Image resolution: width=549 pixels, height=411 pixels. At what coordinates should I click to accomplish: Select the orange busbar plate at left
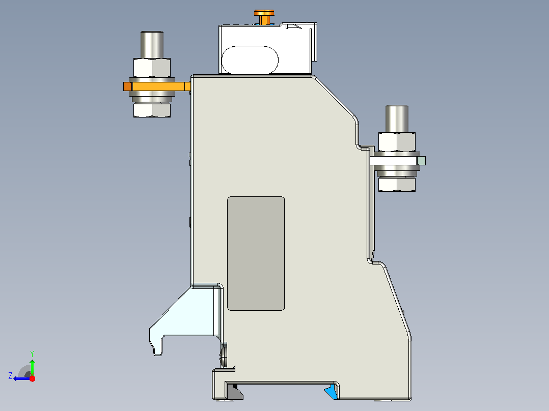[157, 86]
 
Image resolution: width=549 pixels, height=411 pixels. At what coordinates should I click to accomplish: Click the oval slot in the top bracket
[250, 60]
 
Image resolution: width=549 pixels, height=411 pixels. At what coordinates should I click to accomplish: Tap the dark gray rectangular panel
[256, 253]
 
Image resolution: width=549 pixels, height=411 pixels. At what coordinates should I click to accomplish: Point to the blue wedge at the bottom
[332, 392]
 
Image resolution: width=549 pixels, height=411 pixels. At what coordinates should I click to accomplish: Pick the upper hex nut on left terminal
[152, 68]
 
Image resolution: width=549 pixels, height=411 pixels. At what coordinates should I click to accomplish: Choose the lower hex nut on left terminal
[152, 110]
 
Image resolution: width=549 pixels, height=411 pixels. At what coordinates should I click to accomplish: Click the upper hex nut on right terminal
[397, 142]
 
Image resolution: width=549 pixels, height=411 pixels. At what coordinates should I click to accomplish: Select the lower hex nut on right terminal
[397, 184]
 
